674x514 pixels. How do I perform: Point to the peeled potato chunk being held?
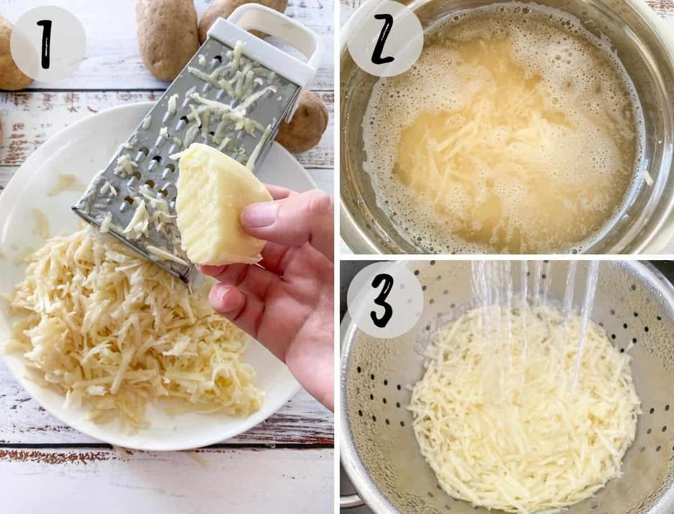tap(221, 203)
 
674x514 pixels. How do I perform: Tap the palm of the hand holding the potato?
tap(295, 307)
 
